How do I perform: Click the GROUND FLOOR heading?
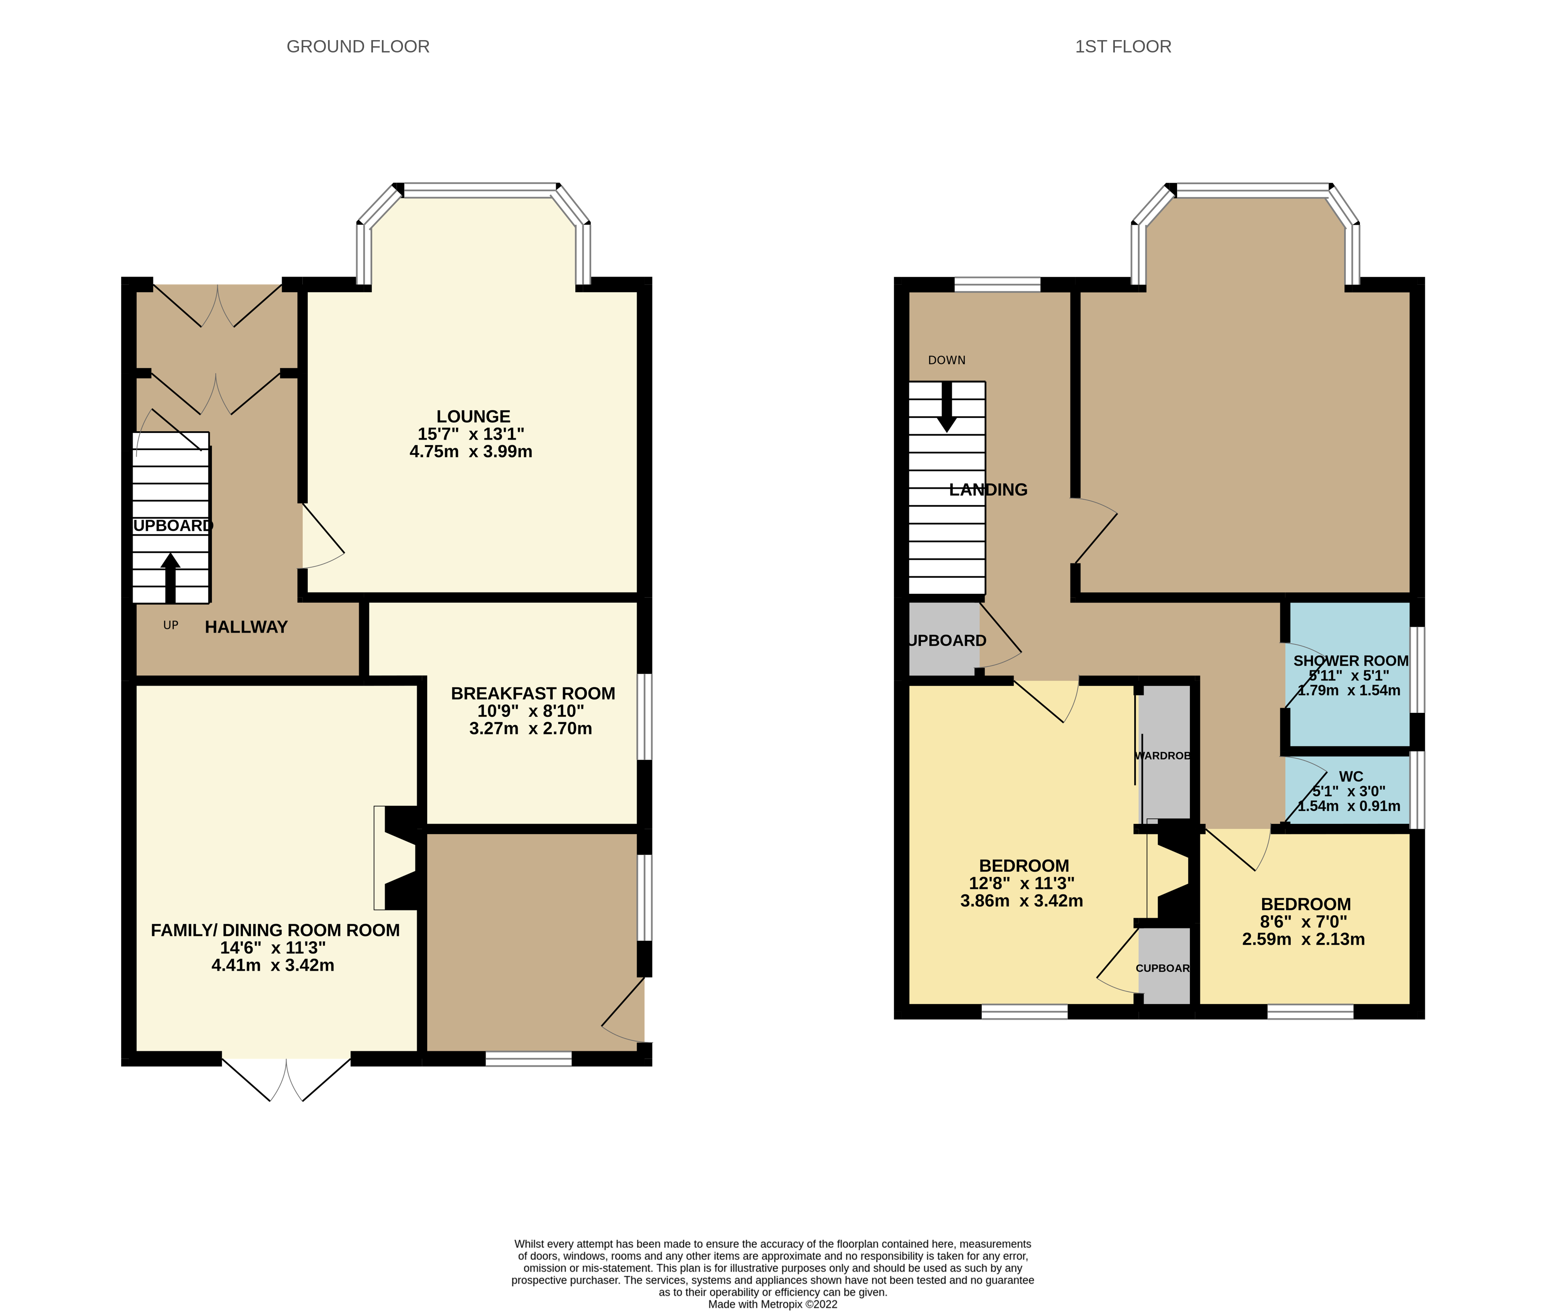click(358, 47)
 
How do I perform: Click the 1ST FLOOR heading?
click(1122, 47)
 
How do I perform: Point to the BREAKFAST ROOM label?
click(533, 693)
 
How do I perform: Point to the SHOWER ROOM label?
click(1351, 661)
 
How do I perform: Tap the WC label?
click(1351, 776)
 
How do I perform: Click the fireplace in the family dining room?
click(398, 858)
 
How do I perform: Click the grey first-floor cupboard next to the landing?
click(943, 639)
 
